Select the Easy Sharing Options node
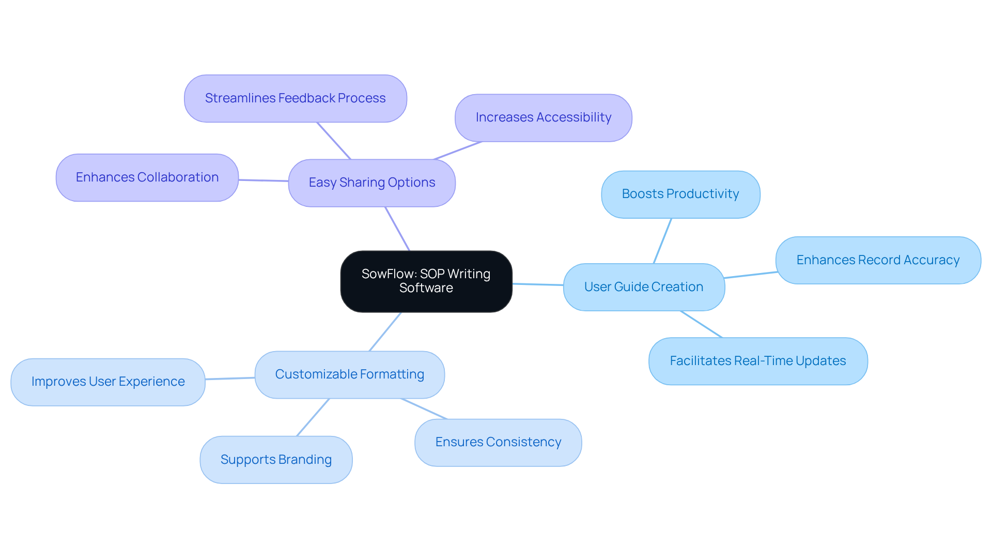coord(371,183)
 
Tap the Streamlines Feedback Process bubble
coord(295,98)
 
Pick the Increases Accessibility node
coord(543,118)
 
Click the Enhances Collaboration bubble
coord(147,177)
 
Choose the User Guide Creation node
coord(643,287)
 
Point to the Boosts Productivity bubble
coord(680,194)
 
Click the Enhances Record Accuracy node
coord(877,260)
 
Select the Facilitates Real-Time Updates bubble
coord(757,361)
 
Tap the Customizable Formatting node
coord(349,374)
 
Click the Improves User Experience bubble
coord(107,382)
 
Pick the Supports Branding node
coord(276,460)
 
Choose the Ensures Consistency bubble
coord(498,442)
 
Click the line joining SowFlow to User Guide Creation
coord(537,284)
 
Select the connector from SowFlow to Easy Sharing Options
coord(397,229)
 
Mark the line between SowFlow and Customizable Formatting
coord(385,331)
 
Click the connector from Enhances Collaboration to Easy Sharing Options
coord(263,180)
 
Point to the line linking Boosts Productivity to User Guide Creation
coord(662,241)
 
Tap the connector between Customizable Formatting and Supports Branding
coord(313,417)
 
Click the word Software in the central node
coord(426,288)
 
